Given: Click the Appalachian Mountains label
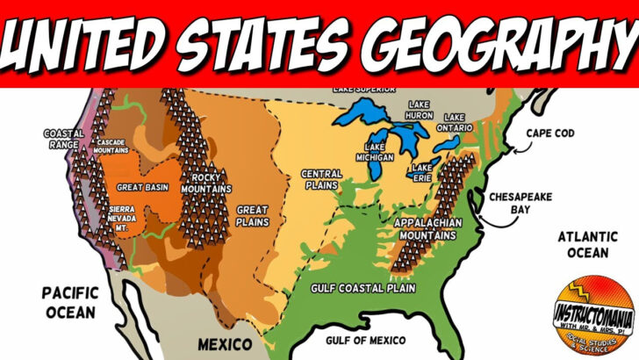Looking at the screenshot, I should (x=426, y=228).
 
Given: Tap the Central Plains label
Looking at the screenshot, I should (x=321, y=180).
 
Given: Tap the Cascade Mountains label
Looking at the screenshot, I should (x=111, y=147).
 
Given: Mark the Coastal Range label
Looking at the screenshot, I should (x=63, y=140).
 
